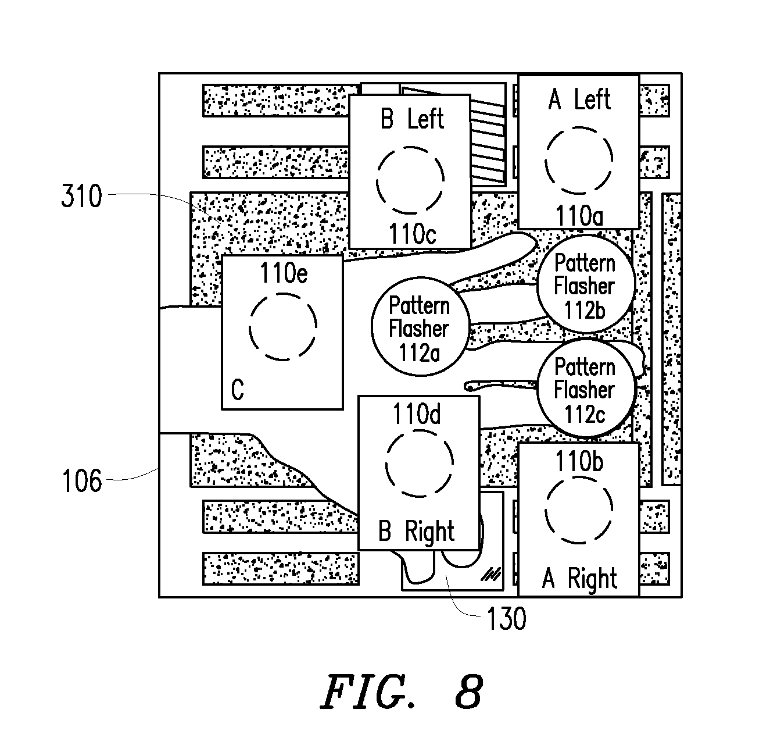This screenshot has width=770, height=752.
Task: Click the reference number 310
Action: [81, 196]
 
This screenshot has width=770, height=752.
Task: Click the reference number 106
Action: [82, 481]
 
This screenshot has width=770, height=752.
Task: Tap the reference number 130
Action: [506, 619]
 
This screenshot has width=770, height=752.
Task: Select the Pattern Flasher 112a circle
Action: [420, 327]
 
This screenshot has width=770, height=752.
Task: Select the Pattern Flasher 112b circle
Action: [586, 284]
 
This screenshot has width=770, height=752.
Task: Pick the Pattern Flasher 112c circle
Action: [586, 389]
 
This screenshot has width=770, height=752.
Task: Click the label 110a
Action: [579, 216]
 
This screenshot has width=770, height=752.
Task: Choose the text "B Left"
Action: [412, 119]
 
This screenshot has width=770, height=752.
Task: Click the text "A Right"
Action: [579, 578]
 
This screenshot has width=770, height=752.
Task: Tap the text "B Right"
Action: [416, 532]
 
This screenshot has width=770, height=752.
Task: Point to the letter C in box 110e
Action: [238, 390]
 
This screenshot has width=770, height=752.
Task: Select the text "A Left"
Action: [579, 99]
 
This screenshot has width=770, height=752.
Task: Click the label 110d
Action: [416, 414]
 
